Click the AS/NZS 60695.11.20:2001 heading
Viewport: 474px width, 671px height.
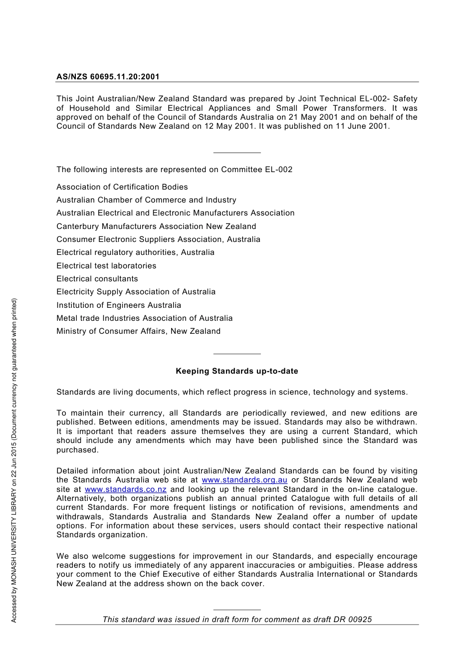pos(108,77)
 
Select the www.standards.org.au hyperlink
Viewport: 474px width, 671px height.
pos(244,480)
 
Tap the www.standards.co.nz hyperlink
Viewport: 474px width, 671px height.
pos(125,489)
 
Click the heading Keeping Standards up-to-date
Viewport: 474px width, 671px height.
pos(237,371)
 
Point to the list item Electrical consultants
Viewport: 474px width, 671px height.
pos(97,279)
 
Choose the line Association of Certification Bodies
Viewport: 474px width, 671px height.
pos(122,187)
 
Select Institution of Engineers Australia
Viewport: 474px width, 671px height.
pos(118,305)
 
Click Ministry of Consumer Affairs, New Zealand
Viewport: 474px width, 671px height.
pos(138,331)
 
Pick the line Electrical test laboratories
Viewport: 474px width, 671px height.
pos(106,266)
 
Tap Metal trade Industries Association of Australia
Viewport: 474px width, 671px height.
pos(144,318)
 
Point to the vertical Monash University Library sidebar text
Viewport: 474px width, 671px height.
pos(14,460)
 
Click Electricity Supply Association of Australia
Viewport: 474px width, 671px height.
pos(136,292)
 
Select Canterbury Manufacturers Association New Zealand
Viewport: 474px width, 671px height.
pos(156,226)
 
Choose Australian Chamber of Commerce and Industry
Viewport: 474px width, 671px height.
pos(146,200)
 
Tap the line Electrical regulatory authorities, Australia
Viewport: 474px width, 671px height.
pos(135,252)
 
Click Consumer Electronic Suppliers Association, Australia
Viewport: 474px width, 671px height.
pos(158,239)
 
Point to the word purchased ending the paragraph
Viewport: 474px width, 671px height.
pos(77,450)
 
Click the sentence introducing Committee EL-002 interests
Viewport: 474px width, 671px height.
pos(174,170)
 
